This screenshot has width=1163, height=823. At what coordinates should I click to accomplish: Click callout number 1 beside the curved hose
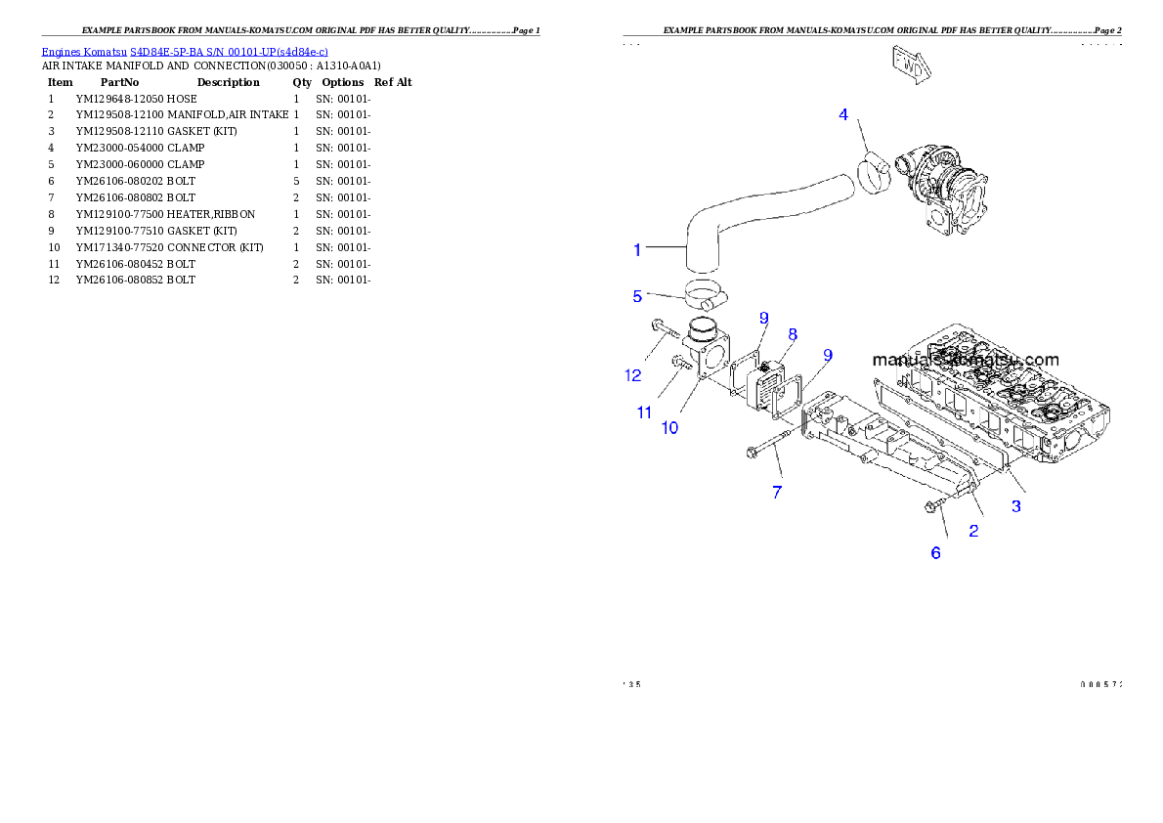(637, 250)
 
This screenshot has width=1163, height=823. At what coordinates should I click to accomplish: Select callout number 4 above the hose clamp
(843, 115)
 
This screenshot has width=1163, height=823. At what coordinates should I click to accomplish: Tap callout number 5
(637, 296)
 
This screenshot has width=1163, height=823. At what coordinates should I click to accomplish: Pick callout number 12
(633, 374)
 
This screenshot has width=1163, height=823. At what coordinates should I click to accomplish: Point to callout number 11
(644, 412)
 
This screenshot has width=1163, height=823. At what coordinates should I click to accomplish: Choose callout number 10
(669, 427)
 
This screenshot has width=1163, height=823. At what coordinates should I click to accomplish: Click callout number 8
(793, 334)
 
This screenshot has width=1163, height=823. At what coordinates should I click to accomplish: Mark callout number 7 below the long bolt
(777, 493)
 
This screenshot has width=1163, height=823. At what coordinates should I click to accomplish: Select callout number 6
(935, 553)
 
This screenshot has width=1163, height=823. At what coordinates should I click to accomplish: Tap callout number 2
(973, 531)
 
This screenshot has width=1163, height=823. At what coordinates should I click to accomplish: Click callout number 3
(1016, 506)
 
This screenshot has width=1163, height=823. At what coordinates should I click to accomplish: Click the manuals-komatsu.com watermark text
(965, 360)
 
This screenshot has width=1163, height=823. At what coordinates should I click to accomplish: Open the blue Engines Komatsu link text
(185, 51)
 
